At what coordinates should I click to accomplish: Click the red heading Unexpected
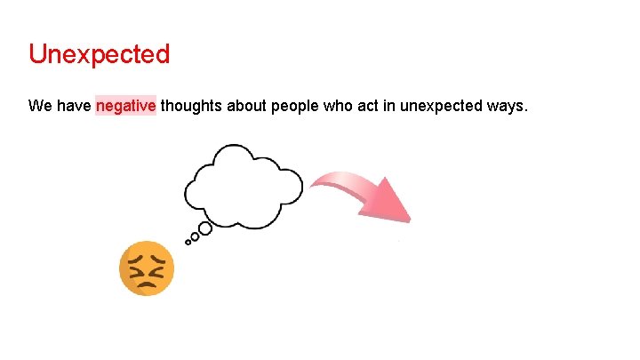point(99,54)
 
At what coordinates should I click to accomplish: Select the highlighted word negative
point(126,107)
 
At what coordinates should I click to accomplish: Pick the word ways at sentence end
point(507,107)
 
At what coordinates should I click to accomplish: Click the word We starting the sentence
point(39,107)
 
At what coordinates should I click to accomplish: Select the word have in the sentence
point(73,107)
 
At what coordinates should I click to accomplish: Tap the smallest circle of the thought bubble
point(188,241)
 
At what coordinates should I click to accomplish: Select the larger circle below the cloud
point(204,229)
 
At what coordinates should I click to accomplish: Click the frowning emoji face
point(147,268)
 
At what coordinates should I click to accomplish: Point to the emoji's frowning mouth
point(147,283)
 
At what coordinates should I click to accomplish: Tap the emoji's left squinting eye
point(136,263)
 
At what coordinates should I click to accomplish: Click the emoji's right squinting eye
point(157,263)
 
